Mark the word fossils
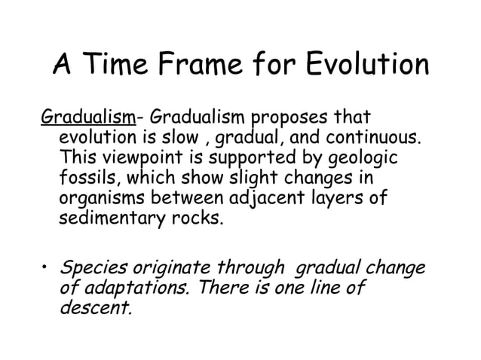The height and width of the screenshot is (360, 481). [81, 181]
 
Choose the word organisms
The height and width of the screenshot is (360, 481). [99, 202]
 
